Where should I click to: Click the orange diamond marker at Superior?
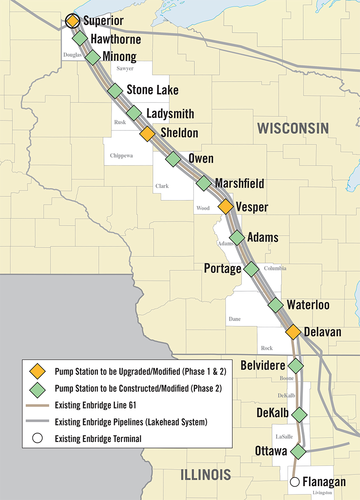coord(72,20)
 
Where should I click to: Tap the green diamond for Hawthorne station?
coord(80,38)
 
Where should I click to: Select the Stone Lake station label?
coord(152,90)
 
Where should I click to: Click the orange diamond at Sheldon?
coord(147,133)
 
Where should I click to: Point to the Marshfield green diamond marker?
coord(204,183)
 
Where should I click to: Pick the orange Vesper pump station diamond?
coord(225,207)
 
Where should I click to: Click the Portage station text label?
coord(222,268)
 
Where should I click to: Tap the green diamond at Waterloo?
coord(276,305)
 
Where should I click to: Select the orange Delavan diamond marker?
coord(293,332)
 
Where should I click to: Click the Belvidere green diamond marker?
coord(296,365)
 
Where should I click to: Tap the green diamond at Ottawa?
coord(298,451)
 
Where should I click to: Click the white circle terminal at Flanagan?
coord(295,482)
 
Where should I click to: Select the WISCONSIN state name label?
coord(293,128)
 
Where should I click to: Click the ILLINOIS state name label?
coord(206,475)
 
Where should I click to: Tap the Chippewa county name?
coord(121,155)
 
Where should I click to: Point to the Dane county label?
coord(235,319)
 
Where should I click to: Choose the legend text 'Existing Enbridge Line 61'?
coord(96,405)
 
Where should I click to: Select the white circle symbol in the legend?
coord(38,438)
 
